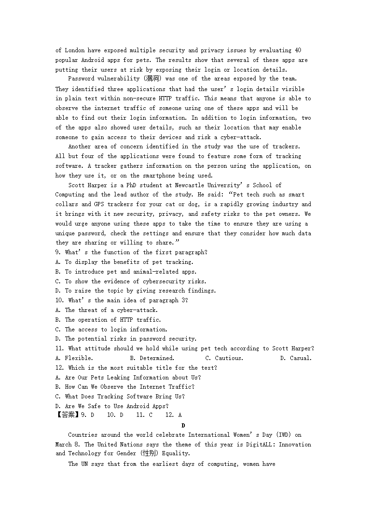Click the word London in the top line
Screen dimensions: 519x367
coord(75,50)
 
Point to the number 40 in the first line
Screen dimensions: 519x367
coord(298,50)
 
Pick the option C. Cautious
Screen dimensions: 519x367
coord(224,358)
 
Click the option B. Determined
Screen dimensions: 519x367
coord(152,358)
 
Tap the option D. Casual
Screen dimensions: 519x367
coord(296,358)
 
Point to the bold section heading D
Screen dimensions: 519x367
coord(183,425)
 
